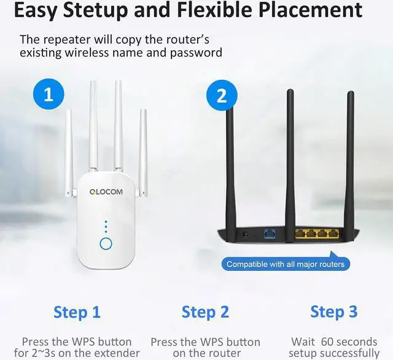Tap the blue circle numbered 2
(x=222, y=96)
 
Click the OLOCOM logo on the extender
(x=106, y=192)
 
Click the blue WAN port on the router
(x=268, y=234)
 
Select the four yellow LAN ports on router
(x=317, y=234)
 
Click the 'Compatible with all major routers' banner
(x=286, y=264)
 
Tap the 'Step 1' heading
(x=77, y=312)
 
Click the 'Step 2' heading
(x=205, y=312)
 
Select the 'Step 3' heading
(x=333, y=311)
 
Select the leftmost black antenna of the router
(x=230, y=160)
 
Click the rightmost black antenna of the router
(x=350, y=160)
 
